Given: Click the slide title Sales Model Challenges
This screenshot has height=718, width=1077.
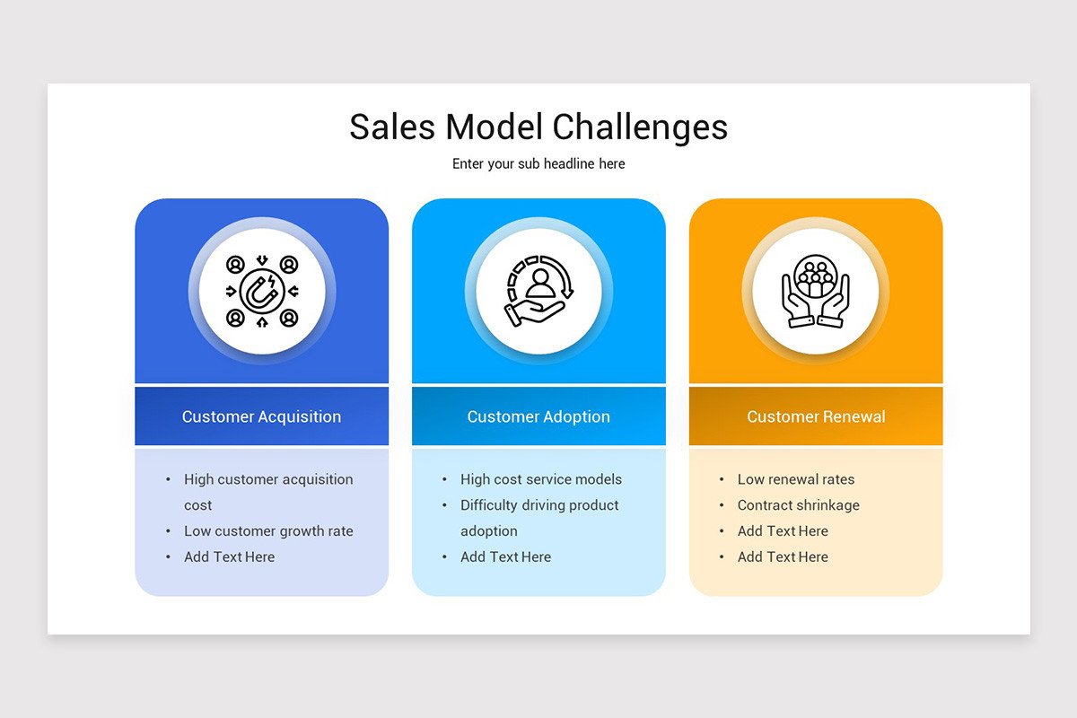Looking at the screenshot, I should point(538,127).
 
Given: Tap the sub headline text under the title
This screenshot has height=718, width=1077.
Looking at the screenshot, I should point(538,164).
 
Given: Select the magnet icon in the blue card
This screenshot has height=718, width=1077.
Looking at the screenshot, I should point(262,291).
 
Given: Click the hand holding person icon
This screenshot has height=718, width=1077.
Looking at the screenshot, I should point(538,291).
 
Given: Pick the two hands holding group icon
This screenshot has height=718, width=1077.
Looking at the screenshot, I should point(815,291).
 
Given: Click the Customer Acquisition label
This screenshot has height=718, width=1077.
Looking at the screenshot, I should point(261,416).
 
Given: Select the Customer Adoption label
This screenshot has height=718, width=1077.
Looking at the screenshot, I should point(538,416).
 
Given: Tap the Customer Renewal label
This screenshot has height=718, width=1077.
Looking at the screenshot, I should point(816,416).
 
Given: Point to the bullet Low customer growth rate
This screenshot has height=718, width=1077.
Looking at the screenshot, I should point(268,531).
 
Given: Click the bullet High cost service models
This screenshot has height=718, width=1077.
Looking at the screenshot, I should point(541,479).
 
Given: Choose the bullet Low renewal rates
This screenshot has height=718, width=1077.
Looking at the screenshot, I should point(796,479).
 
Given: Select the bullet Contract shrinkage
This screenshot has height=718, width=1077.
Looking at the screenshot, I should point(799,505).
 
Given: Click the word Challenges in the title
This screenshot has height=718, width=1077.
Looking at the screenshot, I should point(640,127).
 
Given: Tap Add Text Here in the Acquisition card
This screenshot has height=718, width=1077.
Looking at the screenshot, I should point(230,557).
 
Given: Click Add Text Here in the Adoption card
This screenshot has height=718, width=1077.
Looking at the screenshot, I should point(506,557).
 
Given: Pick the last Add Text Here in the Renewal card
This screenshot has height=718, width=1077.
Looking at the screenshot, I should point(783,557).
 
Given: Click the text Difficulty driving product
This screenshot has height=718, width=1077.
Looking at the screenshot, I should point(539,505).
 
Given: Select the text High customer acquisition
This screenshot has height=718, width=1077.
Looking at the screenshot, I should point(268,479).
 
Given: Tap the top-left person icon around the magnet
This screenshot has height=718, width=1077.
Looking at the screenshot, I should point(235,265).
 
